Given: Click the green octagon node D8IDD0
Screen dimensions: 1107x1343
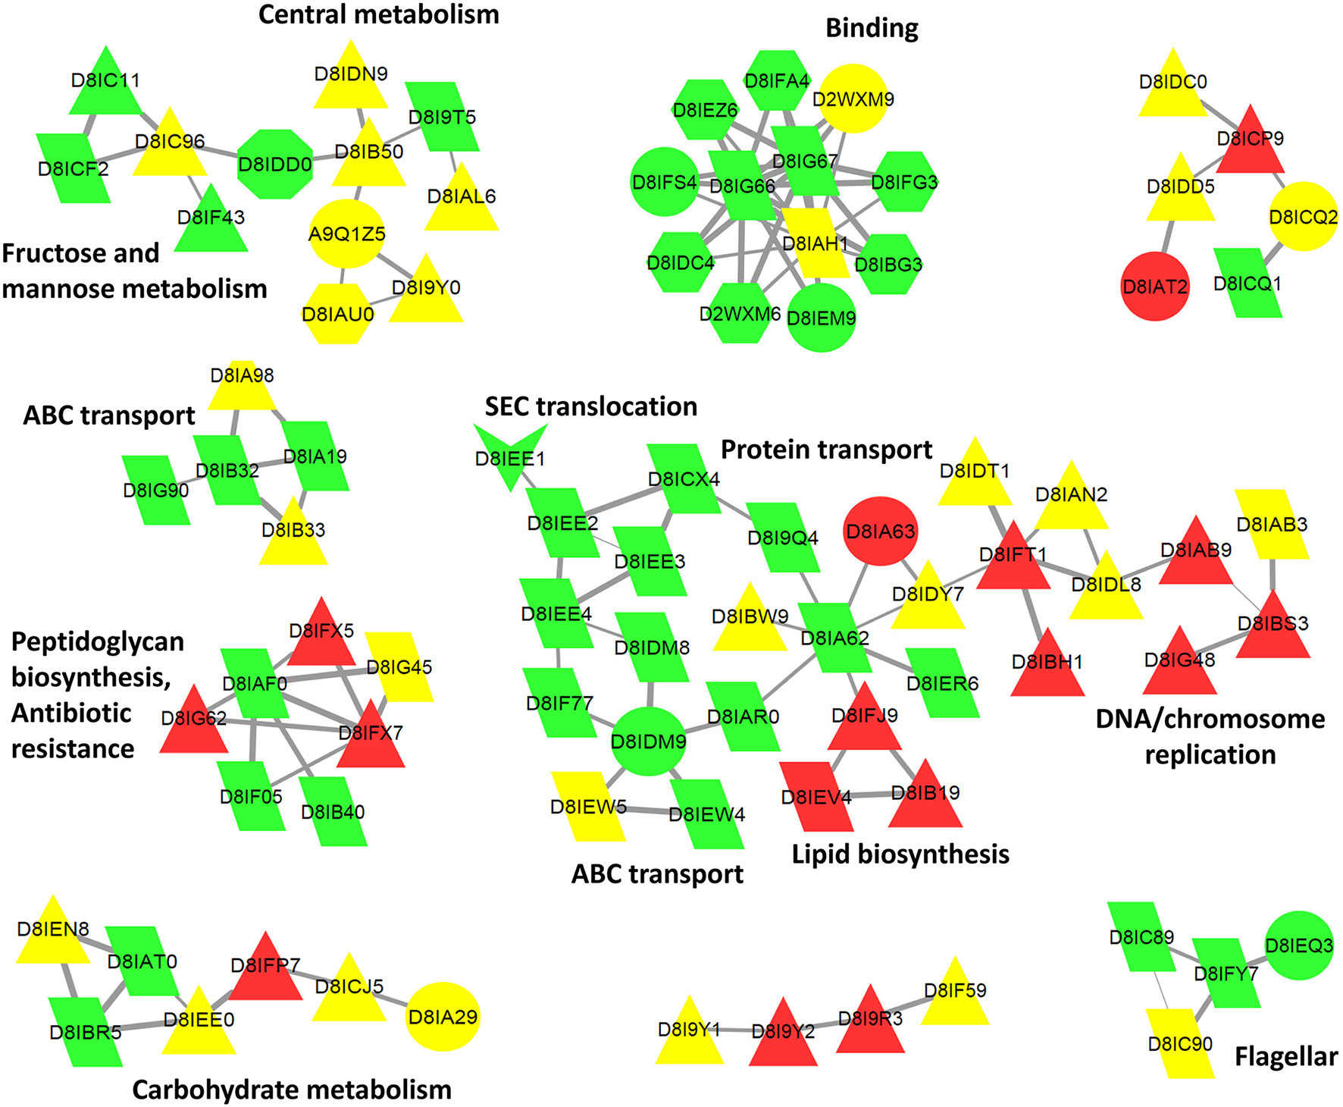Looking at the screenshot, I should (x=274, y=164).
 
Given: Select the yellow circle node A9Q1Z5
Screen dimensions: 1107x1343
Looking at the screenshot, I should (x=346, y=234).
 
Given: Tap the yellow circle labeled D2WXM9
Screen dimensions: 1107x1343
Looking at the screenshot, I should (x=853, y=99).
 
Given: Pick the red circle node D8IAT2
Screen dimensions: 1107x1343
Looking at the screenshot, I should (x=1154, y=287).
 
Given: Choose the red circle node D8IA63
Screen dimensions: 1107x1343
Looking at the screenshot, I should (x=881, y=532).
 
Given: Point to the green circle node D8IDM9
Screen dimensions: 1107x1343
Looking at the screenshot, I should (x=649, y=741).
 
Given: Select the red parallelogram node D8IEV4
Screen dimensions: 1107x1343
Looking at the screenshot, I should (x=816, y=796).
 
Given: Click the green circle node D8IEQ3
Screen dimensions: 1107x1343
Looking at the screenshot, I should (x=1299, y=945).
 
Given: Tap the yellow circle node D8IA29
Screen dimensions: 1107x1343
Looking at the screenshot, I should (x=443, y=1017).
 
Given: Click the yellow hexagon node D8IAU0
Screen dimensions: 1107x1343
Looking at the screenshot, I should (x=337, y=313).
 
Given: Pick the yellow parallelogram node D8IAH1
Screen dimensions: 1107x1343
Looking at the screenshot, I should (x=815, y=243).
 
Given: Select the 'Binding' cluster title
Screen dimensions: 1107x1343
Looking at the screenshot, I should (x=872, y=28).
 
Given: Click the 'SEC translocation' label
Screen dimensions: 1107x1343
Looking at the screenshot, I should (x=591, y=406).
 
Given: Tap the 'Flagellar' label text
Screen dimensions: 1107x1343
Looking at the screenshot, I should (x=1286, y=1056).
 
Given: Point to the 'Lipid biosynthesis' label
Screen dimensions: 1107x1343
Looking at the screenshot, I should (x=900, y=855).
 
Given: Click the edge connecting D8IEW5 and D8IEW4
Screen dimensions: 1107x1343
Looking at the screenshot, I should (x=646, y=810).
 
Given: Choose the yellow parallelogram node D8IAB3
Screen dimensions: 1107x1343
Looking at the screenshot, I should (x=1272, y=525).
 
